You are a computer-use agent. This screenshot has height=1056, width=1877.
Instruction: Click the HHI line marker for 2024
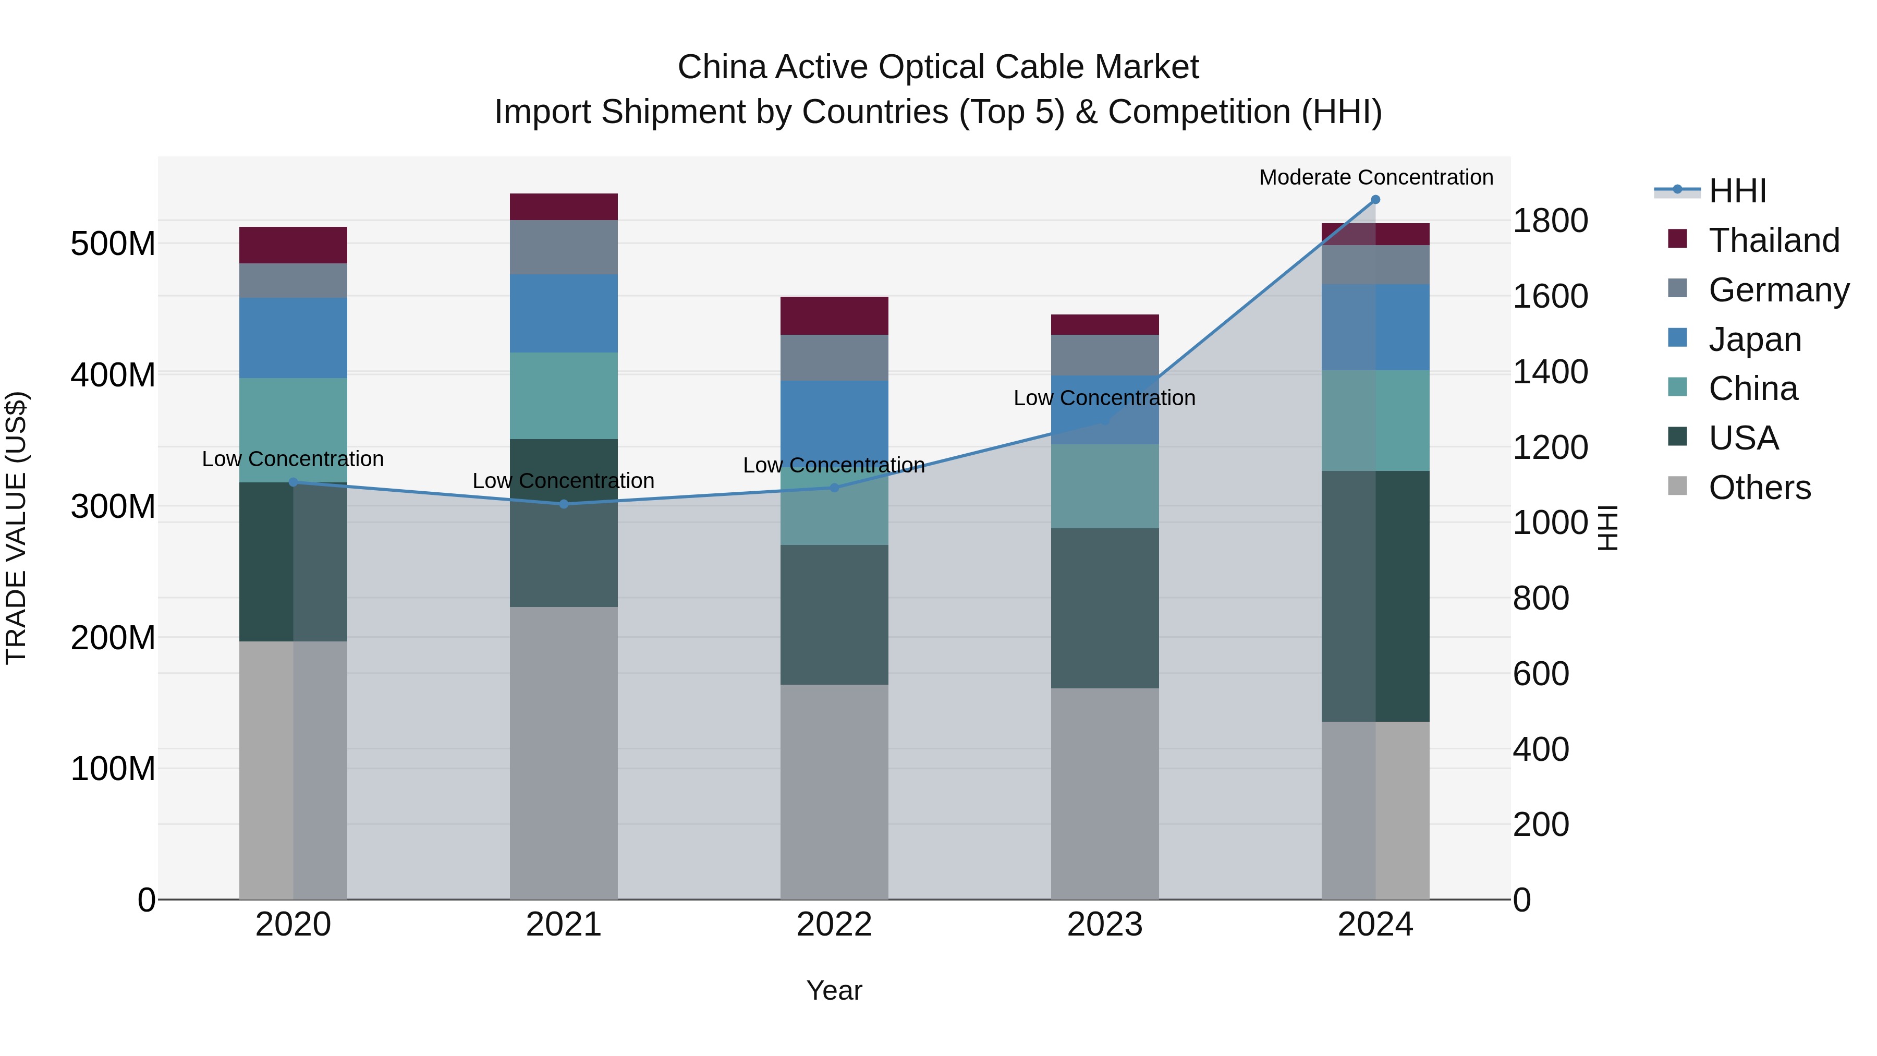(1375, 200)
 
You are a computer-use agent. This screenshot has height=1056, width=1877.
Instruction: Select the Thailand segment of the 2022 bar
(834, 315)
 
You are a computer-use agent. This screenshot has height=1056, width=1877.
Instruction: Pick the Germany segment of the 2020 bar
(293, 281)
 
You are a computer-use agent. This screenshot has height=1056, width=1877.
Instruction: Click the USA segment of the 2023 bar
(1105, 608)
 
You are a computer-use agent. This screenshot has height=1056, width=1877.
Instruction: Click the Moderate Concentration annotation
(1376, 178)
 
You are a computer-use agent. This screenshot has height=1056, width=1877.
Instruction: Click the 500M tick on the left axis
(113, 244)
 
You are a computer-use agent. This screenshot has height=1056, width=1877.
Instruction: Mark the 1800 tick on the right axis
(1551, 221)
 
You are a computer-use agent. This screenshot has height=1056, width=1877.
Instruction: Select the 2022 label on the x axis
(834, 925)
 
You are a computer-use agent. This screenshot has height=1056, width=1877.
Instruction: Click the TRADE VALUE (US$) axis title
(17, 528)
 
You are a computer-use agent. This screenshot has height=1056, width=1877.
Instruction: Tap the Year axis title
(834, 990)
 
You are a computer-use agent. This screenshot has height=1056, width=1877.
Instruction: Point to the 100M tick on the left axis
(113, 768)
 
